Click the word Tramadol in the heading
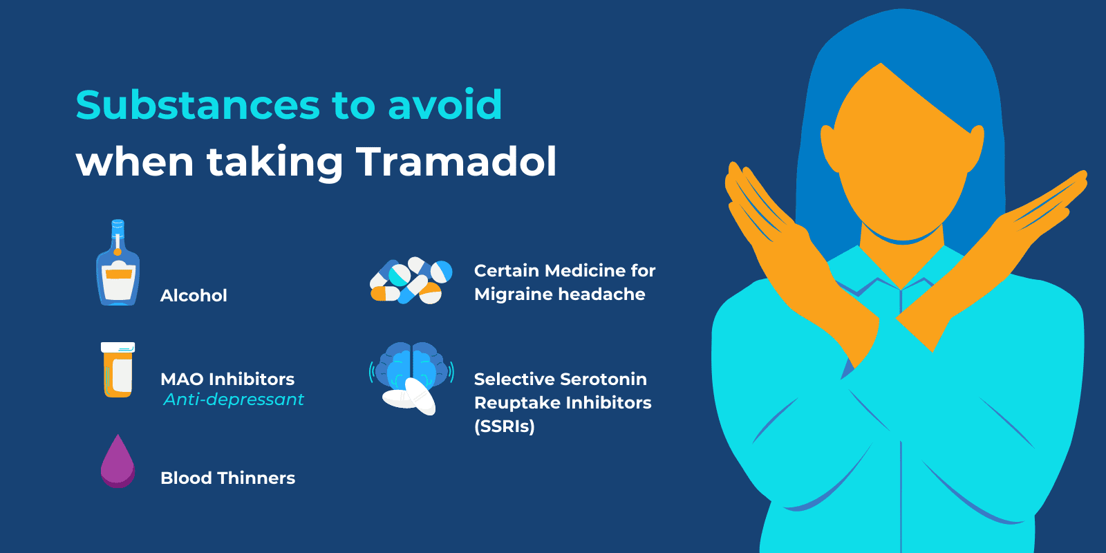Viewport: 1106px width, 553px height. [x=456, y=162]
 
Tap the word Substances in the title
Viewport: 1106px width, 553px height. [x=198, y=105]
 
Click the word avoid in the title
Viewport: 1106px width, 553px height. [x=444, y=105]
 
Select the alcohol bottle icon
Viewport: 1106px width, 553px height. [x=118, y=270]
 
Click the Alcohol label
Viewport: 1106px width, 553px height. [x=194, y=296]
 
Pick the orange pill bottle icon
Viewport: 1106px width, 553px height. [x=118, y=371]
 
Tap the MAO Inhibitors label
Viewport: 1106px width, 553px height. [x=227, y=379]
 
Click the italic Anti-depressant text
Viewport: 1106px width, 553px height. [x=234, y=400]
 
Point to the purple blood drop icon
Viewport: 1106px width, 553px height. [x=118, y=462]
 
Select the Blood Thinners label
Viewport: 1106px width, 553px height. [x=227, y=478]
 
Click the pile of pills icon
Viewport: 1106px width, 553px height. [x=411, y=281]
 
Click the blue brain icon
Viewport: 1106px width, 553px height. [x=412, y=366]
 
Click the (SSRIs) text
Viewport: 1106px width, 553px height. [x=505, y=427]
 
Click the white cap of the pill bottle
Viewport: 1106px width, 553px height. [x=118, y=348]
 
